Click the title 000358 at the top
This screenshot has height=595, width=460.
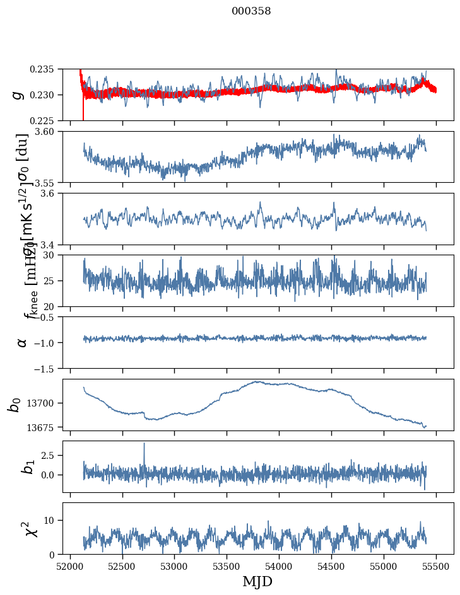point(251,11)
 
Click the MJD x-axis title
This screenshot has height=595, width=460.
point(257,581)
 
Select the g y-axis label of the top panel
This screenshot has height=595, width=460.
point(18,95)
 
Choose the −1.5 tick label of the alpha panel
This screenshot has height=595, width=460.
point(48,368)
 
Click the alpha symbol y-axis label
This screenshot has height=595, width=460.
point(22,342)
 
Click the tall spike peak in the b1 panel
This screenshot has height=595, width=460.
point(144,443)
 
